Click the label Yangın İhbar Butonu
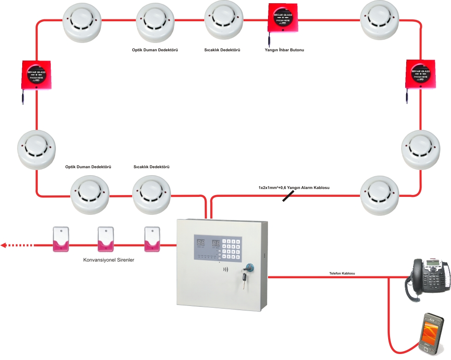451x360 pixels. coord(284,49)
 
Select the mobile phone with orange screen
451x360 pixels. coord(431,335)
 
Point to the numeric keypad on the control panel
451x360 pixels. coord(231,250)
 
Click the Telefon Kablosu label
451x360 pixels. coord(342,274)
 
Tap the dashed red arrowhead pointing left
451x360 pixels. coord(4,245)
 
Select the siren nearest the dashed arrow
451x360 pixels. coord(61,239)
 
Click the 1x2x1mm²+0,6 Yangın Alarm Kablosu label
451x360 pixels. coord(294,188)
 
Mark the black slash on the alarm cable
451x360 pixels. coord(287,197)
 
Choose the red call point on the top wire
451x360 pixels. coord(284,19)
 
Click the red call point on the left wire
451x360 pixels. coord(36,75)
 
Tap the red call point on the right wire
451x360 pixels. coord(421,73)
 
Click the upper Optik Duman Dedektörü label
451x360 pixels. coord(155,49)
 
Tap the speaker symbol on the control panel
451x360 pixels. coord(225,269)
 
